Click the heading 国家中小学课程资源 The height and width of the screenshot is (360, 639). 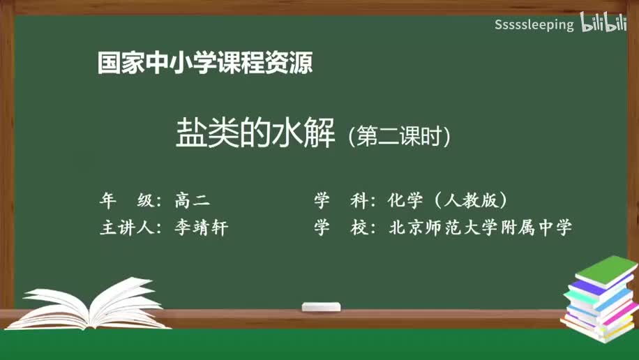(x=204, y=63)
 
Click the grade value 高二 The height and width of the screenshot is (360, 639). (x=192, y=201)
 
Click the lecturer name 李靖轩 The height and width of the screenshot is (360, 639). (x=202, y=227)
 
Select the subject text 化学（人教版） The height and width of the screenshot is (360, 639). (x=447, y=201)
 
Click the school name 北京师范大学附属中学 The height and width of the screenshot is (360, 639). (x=480, y=227)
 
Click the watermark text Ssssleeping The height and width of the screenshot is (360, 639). (x=534, y=25)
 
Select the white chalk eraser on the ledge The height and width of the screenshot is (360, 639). (x=321, y=306)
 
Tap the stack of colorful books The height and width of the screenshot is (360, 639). (x=600, y=300)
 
